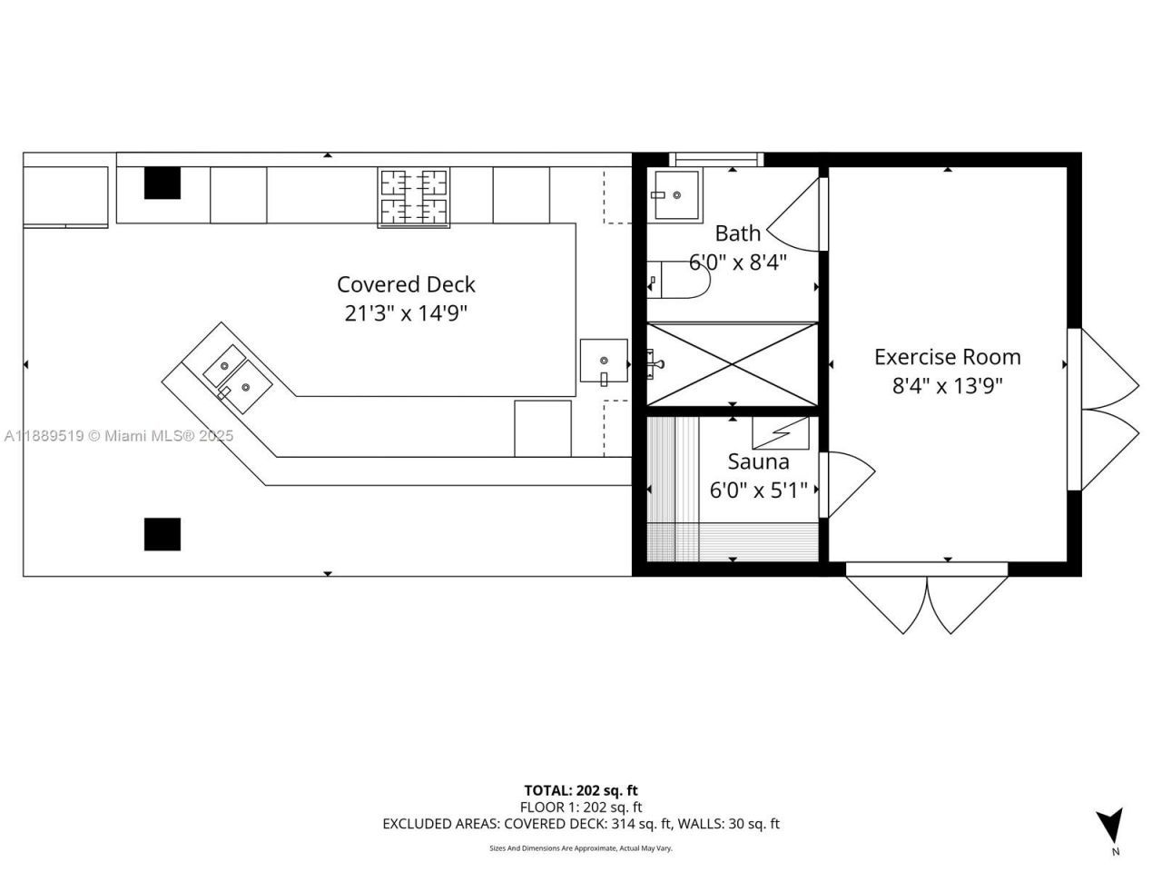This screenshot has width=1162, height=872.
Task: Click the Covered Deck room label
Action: pyautogui.click(x=406, y=284)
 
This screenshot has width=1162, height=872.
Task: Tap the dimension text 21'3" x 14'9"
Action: pyautogui.click(x=406, y=313)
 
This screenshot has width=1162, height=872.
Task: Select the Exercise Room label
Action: pyautogui.click(x=947, y=357)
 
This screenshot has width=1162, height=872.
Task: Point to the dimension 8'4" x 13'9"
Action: pyautogui.click(x=947, y=386)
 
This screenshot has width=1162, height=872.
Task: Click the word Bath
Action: pyautogui.click(x=737, y=233)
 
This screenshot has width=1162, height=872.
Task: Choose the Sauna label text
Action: pyautogui.click(x=758, y=461)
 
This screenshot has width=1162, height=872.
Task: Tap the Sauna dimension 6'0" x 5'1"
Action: pyautogui.click(x=758, y=490)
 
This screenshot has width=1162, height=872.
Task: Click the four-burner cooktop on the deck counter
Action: pyautogui.click(x=414, y=197)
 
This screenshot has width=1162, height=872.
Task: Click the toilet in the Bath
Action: pyautogui.click(x=676, y=280)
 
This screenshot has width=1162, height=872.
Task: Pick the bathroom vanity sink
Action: pyautogui.click(x=676, y=194)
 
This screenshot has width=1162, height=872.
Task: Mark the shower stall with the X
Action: pyautogui.click(x=732, y=363)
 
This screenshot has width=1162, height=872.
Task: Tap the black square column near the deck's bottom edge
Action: pyautogui.click(x=162, y=534)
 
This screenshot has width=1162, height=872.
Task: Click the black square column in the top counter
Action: pyautogui.click(x=162, y=183)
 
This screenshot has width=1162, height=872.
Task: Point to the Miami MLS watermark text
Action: pyautogui.click(x=118, y=436)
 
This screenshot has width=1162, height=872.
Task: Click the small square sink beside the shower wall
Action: pyautogui.click(x=604, y=361)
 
